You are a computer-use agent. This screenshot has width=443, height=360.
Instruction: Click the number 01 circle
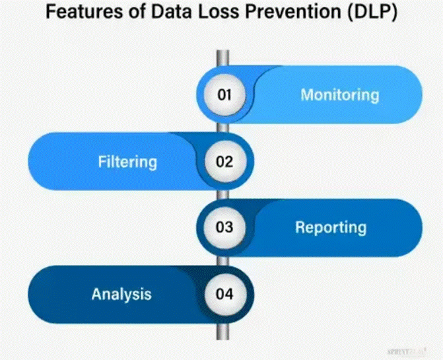coord(224,94)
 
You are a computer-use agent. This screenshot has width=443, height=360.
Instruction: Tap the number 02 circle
coord(224,161)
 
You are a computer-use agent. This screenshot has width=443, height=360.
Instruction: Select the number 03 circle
coord(224,227)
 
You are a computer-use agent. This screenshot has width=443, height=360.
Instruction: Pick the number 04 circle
coord(224,294)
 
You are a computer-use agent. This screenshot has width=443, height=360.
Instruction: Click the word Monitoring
coord(340,94)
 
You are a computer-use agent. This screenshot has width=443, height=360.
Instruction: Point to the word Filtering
coord(127,161)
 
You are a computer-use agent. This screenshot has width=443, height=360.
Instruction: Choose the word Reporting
coord(330,227)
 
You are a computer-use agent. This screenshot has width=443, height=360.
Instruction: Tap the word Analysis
coord(121,294)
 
